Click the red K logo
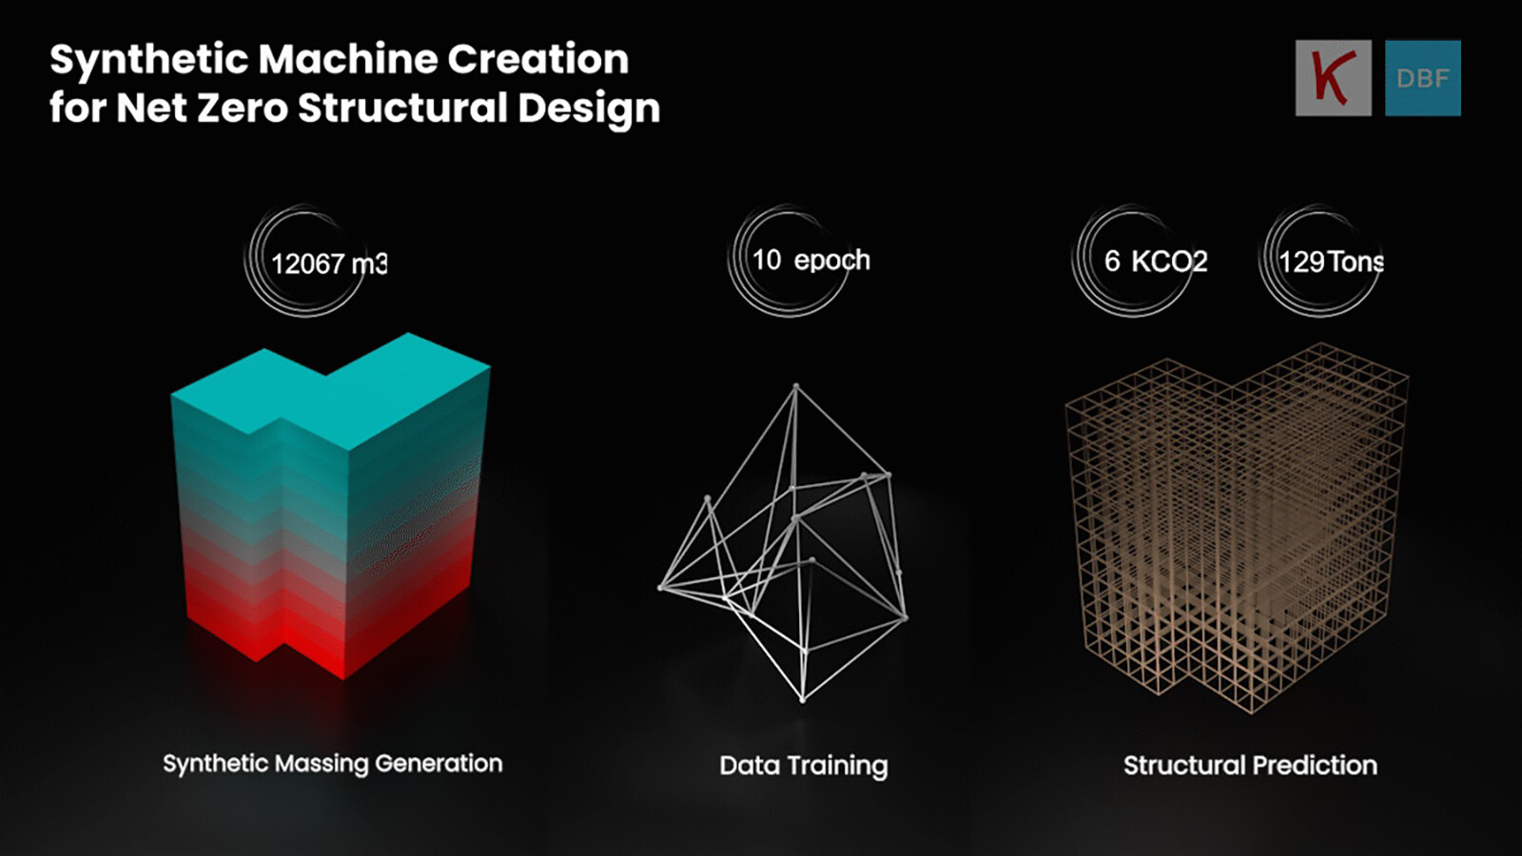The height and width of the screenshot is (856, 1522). (1333, 77)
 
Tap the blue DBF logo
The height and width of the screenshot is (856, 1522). (1423, 78)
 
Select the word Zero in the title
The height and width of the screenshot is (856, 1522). (242, 107)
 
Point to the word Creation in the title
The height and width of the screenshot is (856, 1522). (538, 59)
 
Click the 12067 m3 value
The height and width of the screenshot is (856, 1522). (329, 263)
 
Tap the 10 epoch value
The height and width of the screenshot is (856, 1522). (811, 261)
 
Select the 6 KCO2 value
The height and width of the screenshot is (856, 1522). (1156, 262)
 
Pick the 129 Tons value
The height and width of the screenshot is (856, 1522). (1331, 262)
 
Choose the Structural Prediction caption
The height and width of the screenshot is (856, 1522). (1250, 766)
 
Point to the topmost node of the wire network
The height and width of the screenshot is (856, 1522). (796, 387)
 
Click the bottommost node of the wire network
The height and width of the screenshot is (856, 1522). (803, 699)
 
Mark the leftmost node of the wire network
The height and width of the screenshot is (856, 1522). (660, 588)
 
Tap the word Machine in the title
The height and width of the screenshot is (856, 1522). (348, 59)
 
